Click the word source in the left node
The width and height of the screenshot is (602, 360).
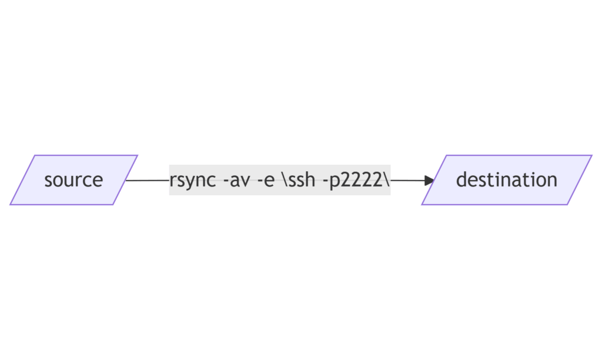tap(73, 180)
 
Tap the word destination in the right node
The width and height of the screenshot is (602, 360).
tap(506, 180)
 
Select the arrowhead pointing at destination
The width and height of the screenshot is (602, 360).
tap(429, 181)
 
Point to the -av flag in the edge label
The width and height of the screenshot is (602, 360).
tap(235, 180)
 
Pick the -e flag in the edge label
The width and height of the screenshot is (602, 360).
tap(265, 180)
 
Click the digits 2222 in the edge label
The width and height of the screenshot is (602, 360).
tap(363, 180)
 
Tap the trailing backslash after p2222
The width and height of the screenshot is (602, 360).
tap(387, 180)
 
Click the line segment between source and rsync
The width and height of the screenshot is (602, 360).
tap(147, 180)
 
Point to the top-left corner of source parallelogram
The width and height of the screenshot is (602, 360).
tap(35, 156)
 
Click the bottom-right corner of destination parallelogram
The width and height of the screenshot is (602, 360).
tap(567, 205)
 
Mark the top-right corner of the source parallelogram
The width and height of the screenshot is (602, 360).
tap(137, 156)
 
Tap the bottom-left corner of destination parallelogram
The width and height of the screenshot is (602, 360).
tap(422, 205)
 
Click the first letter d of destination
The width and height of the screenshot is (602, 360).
tap(461, 180)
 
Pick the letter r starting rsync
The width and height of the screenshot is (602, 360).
tap(172, 180)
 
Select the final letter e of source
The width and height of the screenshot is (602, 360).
tap(98, 180)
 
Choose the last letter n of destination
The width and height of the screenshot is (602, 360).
tap(552, 180)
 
